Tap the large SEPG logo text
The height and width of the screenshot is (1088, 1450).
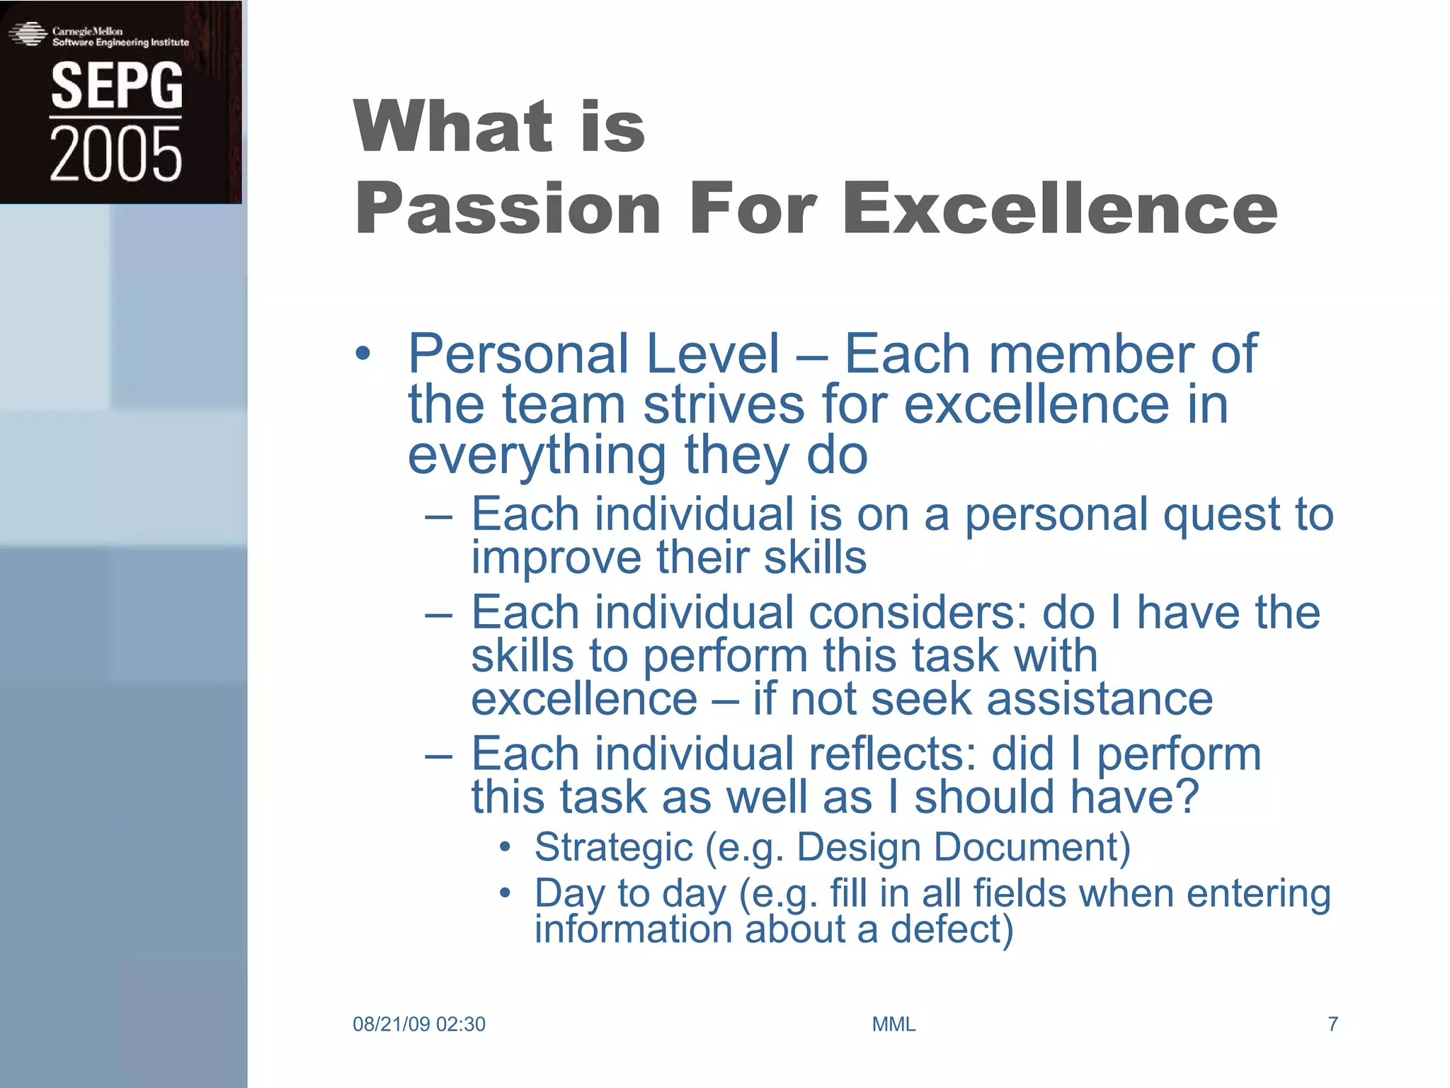117,86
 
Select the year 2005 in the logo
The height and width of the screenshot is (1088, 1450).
116,154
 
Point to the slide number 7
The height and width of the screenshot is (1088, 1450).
1332,1024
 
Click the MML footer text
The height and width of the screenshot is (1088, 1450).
894,1024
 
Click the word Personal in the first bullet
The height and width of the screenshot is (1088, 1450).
515,354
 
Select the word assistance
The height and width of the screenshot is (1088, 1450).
1100,699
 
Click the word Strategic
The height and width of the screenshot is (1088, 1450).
613,847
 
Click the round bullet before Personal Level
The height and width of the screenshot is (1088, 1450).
362,354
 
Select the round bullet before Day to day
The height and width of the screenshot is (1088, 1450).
504,893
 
